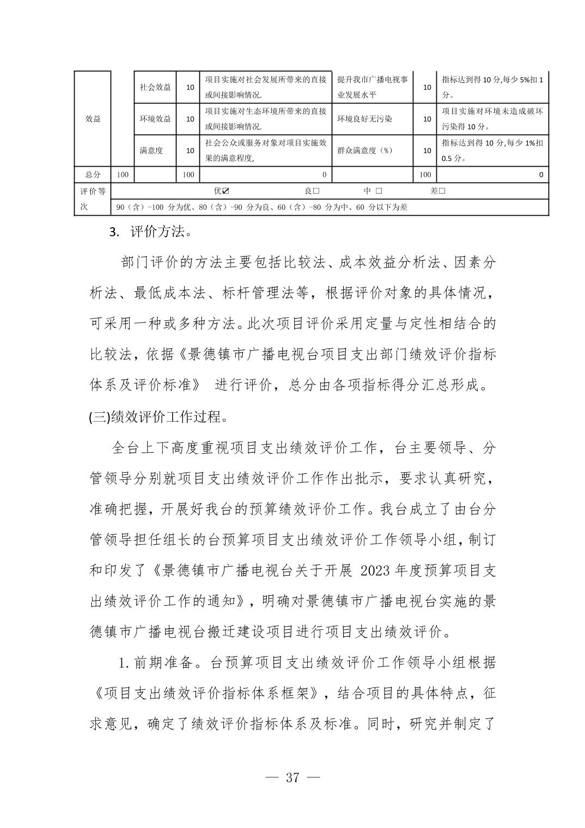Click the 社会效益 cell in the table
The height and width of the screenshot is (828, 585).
point(155,87)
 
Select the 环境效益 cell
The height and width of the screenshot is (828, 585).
point(155,119)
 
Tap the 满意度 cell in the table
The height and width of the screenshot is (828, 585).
point(151,150)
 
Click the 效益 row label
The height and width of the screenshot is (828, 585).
point(93,119)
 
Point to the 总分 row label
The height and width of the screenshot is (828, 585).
point(93,175)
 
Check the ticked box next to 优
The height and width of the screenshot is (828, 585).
point(226,191)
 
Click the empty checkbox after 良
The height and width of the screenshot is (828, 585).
point(316,191)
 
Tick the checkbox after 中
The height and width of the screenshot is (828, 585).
point(379,191)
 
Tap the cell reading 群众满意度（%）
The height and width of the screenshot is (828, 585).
point(364,150)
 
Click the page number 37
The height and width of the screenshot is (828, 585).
point(292,777)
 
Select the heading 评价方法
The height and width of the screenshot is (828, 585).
point(161,232)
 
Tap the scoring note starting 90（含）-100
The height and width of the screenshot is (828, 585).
point(261,207)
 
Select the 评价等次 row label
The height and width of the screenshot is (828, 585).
point(93,199)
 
